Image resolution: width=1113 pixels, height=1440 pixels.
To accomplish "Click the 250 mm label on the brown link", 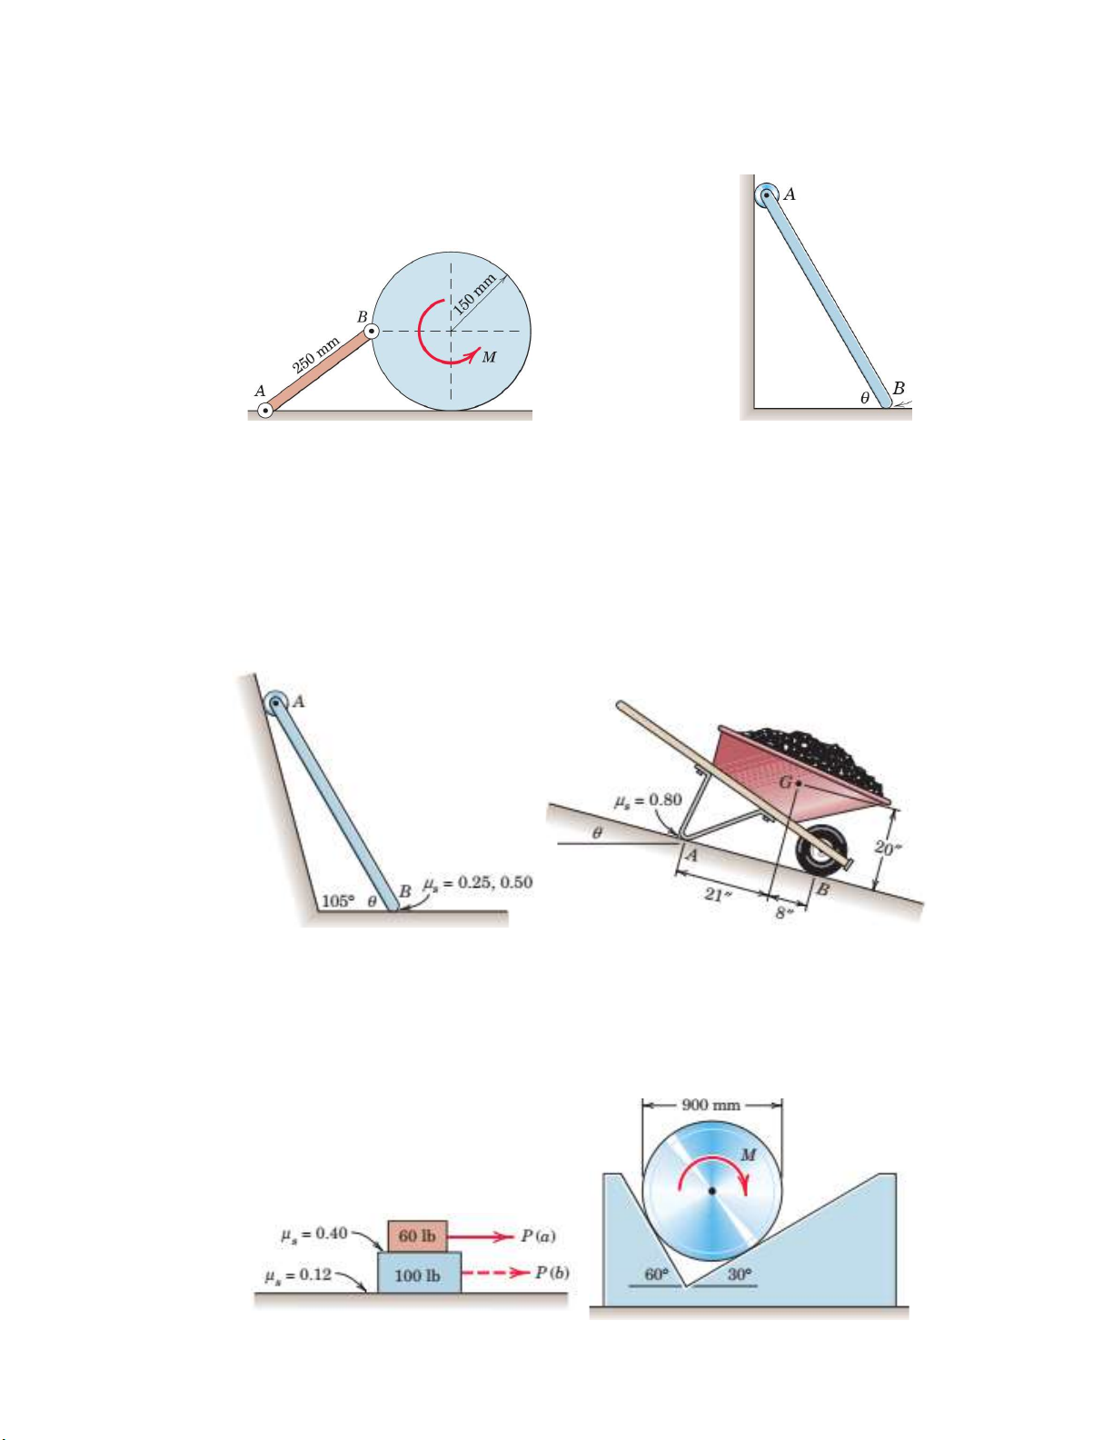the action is click(x=316, y=356).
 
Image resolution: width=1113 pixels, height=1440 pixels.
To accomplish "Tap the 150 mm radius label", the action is click(x=474, y=294).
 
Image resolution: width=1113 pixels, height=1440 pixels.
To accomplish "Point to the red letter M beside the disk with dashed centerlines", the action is click(x=489, y=357).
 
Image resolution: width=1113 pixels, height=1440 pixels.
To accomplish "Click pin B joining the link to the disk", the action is click(x=373, y=332).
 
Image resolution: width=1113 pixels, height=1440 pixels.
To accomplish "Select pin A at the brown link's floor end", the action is click(x=265, y=411).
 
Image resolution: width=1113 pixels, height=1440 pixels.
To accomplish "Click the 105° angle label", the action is click(x=338, y=901).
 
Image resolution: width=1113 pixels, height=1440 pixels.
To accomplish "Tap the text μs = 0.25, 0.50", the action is click(x=478, y=883).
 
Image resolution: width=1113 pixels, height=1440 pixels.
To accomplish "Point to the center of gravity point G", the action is click(x=800, y=783).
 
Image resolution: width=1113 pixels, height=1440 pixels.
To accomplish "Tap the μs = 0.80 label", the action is click(x=647, y=800).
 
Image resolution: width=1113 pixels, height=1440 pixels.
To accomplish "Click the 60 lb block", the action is click(x=417, y=1236).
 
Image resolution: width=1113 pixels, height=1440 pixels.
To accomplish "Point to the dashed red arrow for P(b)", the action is click(x=495, y=1272).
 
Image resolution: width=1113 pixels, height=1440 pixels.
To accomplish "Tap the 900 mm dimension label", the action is click(x=711, y=1105).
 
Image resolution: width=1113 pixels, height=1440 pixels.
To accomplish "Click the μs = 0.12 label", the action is click(x=298, y=1275).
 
